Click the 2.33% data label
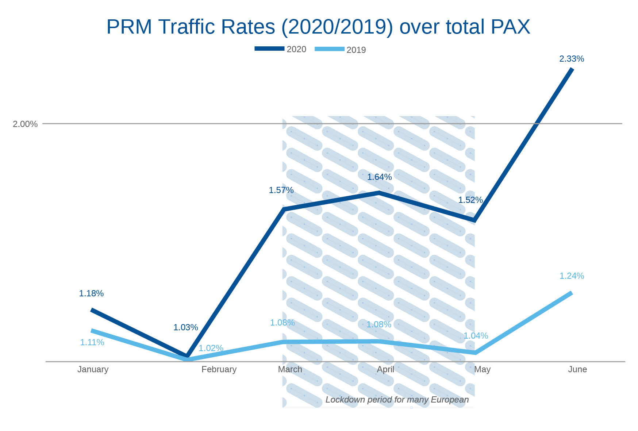pos(572,59)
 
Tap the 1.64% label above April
pos(379,177)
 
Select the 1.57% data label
pos(281,190)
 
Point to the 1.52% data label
pos(470,200)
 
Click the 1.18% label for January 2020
pos(91,293)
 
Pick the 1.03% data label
pos(185,327)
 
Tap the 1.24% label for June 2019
pos(572,276)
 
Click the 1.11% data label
pos(92,342)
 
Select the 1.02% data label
pos(211,348)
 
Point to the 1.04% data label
pos(476,336)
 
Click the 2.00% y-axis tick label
pos(25,124)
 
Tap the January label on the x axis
pos(93,369)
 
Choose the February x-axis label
pos(219,369)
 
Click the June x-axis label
pos(577,369)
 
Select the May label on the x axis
pos(482,369)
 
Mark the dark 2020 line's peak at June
pos(572,69)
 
